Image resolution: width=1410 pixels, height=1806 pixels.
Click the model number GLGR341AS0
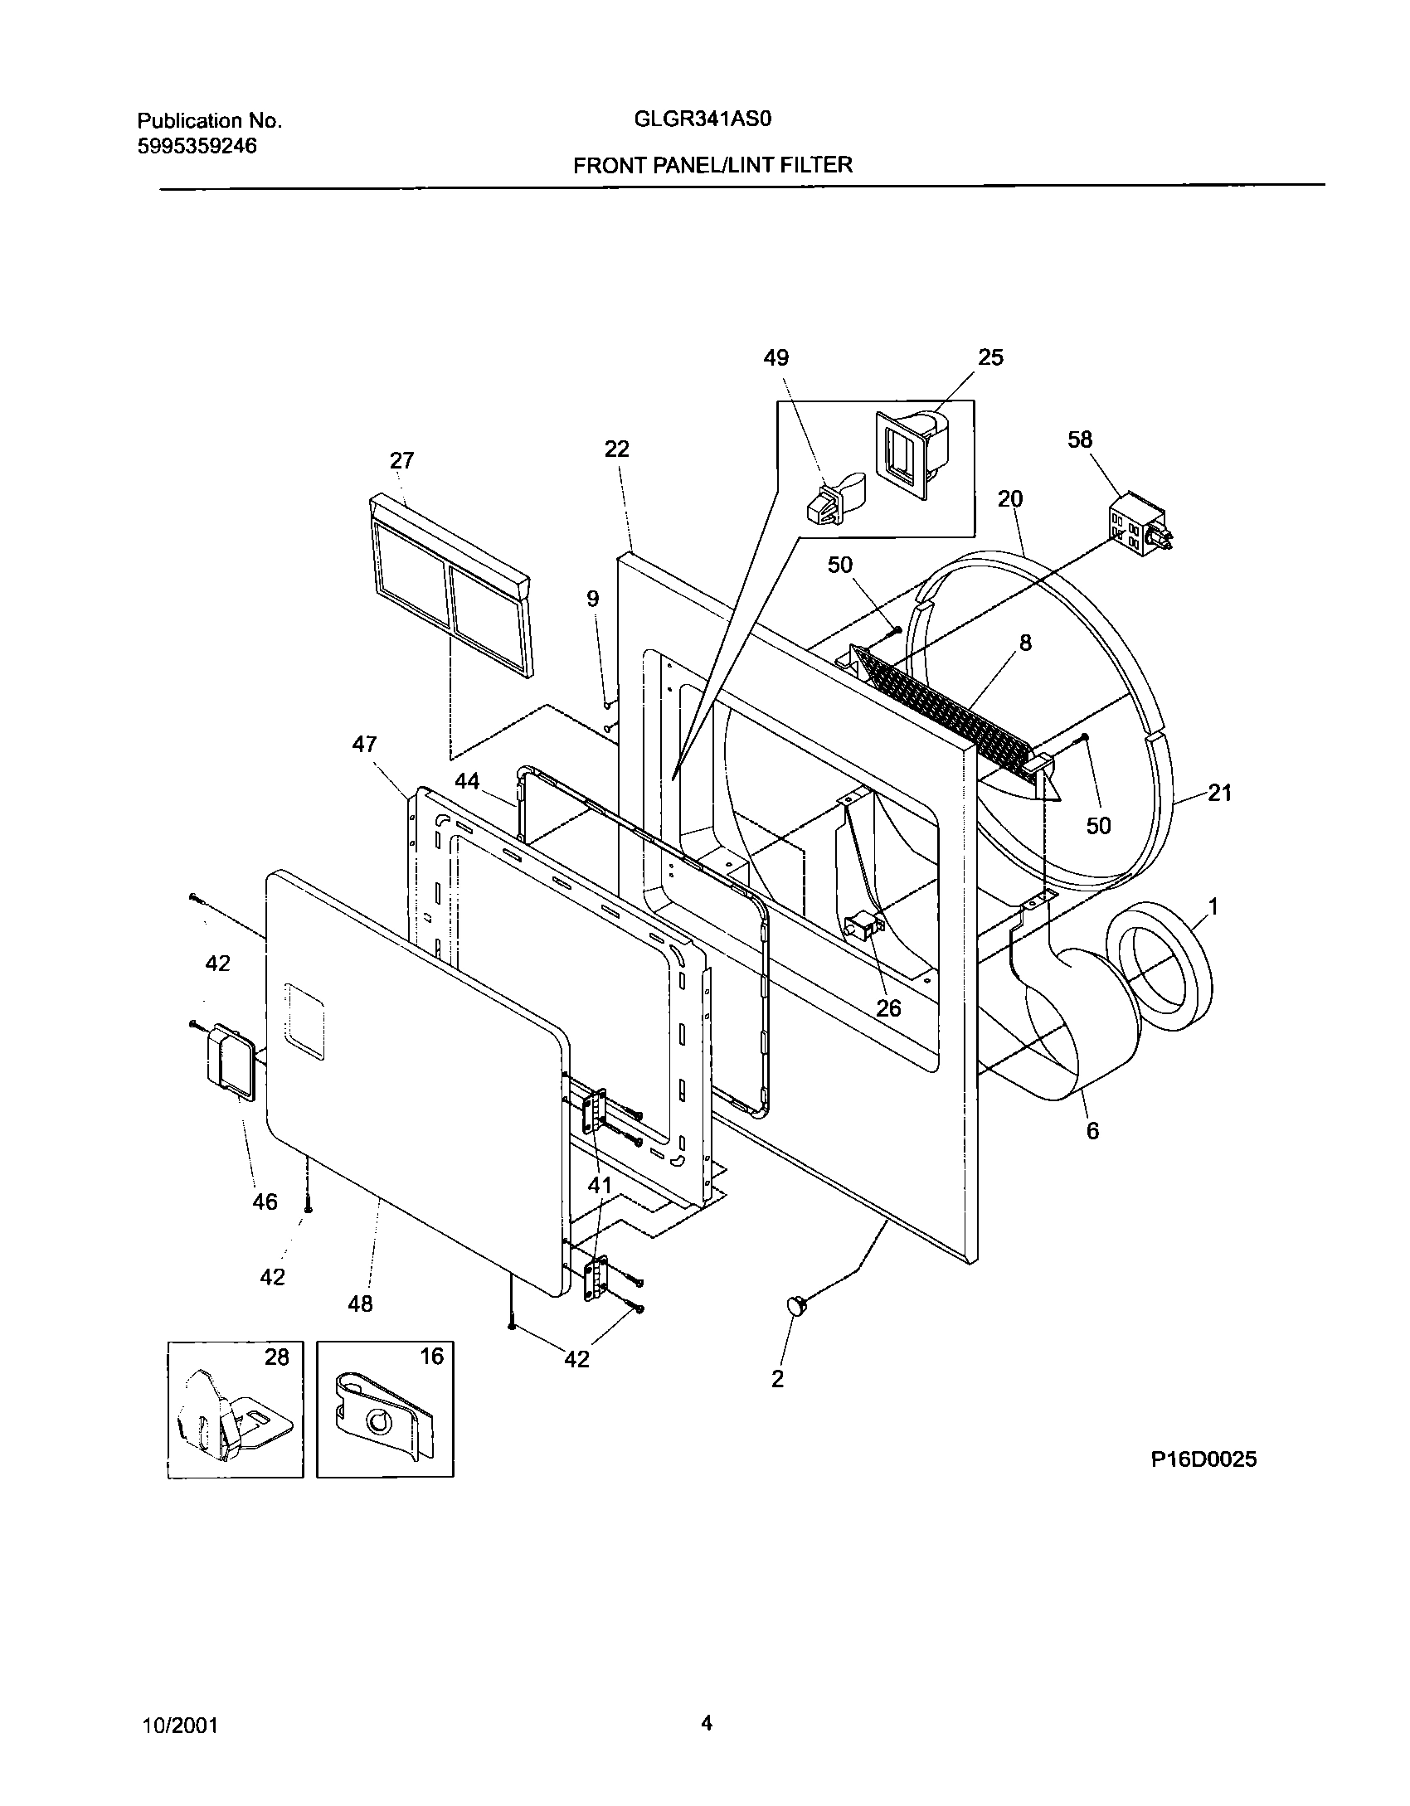[703, 119]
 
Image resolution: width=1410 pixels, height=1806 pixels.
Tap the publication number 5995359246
[197, 147]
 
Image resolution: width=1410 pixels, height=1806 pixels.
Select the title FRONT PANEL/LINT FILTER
[712, 165]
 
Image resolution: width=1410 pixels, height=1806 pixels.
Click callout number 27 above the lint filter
[401, 461]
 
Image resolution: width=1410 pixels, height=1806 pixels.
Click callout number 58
[1080, 439]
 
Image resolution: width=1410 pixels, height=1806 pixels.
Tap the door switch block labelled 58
[1140, 525]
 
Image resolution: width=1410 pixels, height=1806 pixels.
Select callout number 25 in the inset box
[990, 357]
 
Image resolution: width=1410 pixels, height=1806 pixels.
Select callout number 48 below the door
[360, 1304]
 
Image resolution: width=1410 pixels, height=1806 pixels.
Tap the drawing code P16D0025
[1203, 1459]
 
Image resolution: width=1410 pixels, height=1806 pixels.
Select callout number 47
[364, 745]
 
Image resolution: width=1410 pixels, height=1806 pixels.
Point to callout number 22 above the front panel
[616, 449]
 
